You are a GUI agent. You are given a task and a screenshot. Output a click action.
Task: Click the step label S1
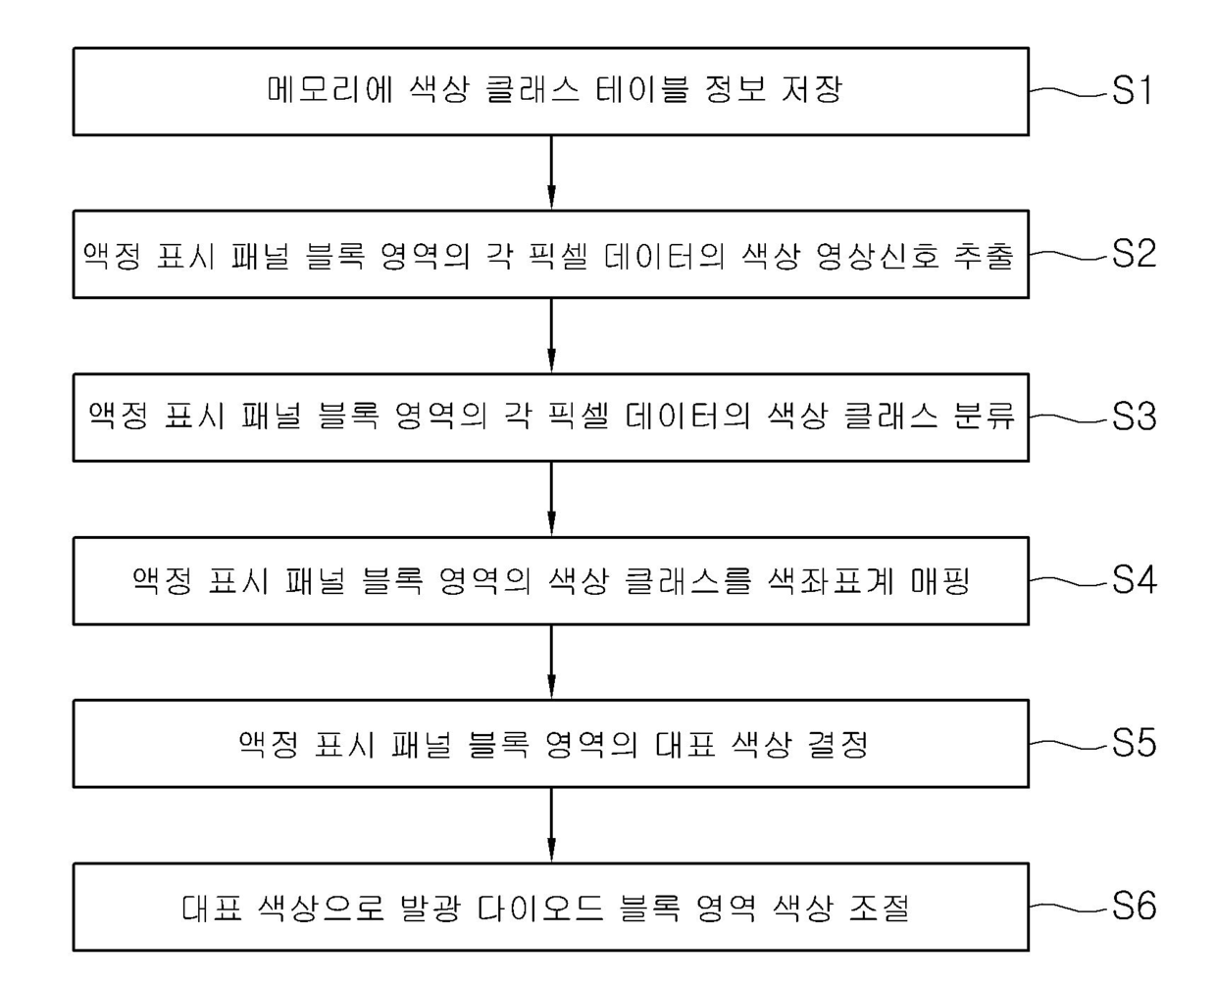coord(1133,91)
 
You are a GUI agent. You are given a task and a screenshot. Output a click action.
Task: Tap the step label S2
coord(1133,254)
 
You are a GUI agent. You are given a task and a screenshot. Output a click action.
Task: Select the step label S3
coord(1133,418)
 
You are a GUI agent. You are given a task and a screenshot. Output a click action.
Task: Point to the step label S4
coord(1133,580)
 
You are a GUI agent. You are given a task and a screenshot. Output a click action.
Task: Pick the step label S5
coord(1133,744)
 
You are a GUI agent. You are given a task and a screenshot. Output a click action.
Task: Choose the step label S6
coord(1133,907)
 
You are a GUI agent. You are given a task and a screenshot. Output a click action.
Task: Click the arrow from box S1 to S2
coord(551,172)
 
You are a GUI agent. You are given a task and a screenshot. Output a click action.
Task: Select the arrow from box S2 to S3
coord(551,335)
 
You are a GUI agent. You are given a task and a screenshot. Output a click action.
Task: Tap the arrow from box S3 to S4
coord(551,499)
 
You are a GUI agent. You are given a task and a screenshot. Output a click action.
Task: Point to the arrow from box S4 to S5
coord(551,662)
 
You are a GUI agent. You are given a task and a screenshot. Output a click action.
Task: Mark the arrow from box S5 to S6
coord(551,825)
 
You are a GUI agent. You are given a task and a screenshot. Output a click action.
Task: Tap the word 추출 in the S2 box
coord(984,255)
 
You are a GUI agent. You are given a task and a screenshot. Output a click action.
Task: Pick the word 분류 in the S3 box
coord(984,418)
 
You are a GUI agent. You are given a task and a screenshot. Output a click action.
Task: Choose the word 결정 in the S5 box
coord(838,745)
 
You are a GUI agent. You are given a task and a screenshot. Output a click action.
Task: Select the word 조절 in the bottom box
coord(880,908)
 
